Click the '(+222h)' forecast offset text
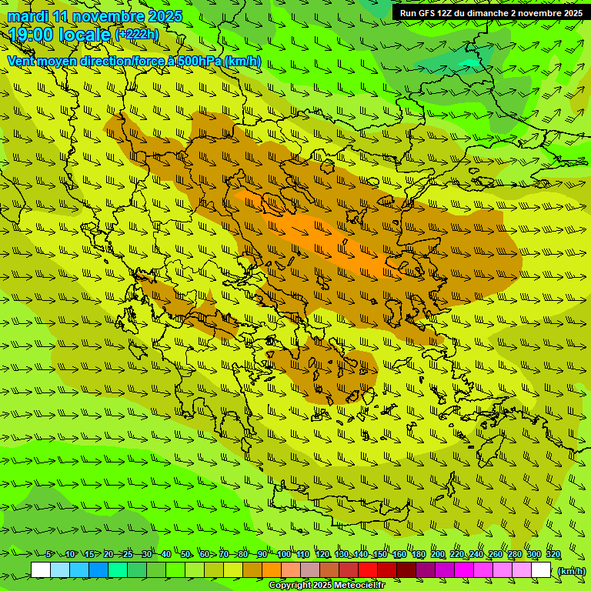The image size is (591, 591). [136, 35]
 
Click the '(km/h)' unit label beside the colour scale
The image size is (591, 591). [570, 571]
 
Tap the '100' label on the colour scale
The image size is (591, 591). [284, 555]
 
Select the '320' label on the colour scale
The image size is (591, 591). [553, 555]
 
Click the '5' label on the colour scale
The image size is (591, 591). [48, 555]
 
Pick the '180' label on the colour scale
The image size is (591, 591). [418, 555]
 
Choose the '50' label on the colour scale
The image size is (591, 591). [185, 555]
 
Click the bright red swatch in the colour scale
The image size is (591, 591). [368, 570]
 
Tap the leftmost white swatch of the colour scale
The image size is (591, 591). [41, 570]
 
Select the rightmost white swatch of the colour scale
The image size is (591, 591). [541, 570]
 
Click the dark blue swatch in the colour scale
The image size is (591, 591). [98, 570]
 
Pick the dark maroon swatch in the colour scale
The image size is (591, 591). [406, 570]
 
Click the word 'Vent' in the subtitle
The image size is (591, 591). [22, 61]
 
